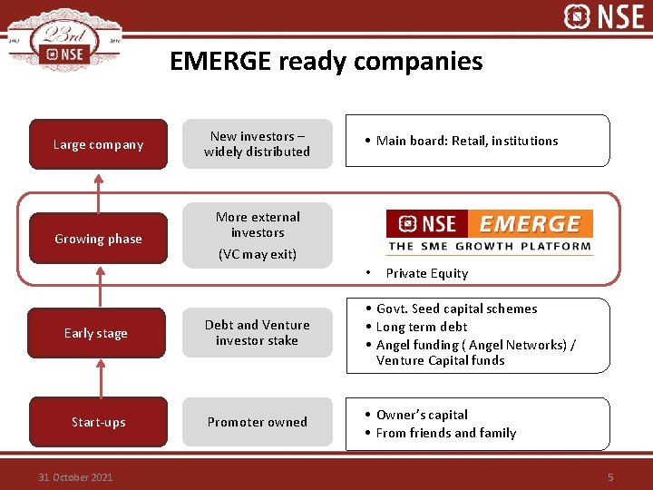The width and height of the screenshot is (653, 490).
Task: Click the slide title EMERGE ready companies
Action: coord(326,62)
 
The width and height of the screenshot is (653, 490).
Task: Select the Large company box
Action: coord(98,144)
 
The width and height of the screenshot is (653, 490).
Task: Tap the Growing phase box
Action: coord(98,239)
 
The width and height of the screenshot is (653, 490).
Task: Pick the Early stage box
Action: coord(96,333)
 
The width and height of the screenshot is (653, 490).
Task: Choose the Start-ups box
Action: coord(98,422)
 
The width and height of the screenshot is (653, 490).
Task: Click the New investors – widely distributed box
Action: coord(258,143)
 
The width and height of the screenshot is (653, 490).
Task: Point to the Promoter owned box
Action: coord(258,422)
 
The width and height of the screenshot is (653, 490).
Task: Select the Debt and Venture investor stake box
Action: coord(258,332)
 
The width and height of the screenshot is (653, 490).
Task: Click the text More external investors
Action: coord(258,224)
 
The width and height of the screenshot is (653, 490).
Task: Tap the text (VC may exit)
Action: coord(258,254)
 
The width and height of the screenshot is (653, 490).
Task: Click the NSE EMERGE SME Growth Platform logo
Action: coord(489,231)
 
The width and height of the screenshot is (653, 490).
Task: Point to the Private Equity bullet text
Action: coord(426,273)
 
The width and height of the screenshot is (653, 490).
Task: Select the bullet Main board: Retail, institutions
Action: coord(467,141)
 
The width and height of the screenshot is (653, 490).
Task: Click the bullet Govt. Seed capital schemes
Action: coord(456,309)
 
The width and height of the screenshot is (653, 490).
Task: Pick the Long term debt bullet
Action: coord(422,327)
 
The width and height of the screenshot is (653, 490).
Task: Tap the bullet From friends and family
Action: coord(445,433)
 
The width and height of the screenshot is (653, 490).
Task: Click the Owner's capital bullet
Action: coord(422,415)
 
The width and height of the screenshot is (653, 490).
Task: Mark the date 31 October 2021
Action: coord(75,477)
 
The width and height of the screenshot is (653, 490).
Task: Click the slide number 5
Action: coord(610,477)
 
